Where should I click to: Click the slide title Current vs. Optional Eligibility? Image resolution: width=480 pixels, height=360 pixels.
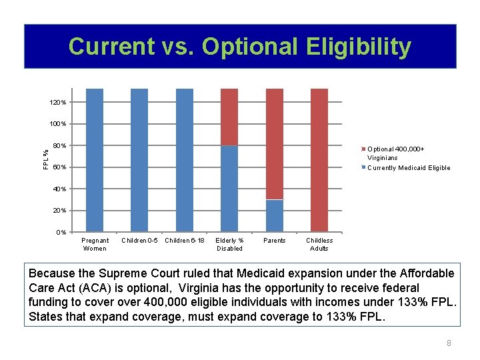[x=240, y=47]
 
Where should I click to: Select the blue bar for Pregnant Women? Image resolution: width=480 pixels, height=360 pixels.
[x=95, y=160]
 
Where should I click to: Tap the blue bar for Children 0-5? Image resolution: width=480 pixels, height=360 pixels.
[x=139, y=160]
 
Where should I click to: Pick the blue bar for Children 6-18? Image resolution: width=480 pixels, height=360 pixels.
[x=185, y=160]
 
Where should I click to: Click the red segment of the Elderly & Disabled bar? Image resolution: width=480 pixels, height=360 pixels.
[x=229, y=117]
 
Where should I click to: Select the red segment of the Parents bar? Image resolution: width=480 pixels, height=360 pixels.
[x=275, y=143]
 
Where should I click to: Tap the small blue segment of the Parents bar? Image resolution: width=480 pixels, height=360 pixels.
[x=275, y=215]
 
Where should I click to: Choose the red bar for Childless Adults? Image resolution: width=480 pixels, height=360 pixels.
[x=319, y=160]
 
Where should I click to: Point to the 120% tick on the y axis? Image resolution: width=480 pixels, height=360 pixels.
[x=57, y=103]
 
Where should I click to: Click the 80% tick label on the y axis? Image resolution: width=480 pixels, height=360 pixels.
[x=59, y=146]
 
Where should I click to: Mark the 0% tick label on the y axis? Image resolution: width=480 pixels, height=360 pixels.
[x=60, y=233]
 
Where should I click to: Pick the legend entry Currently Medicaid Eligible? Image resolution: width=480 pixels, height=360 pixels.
[x=408, y=168]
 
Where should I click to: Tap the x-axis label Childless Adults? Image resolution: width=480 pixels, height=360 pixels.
[x=319, y=244]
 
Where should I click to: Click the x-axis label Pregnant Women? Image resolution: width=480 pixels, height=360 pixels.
[x=95, y=244]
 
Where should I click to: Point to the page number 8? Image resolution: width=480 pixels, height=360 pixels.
[x=449, y=343]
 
